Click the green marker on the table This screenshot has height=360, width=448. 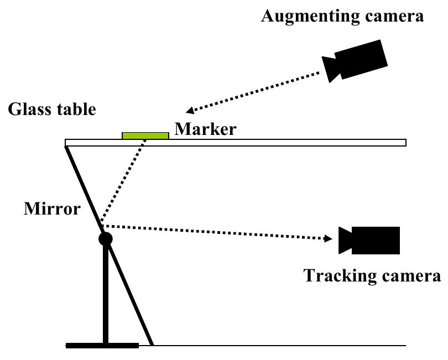[145, 135]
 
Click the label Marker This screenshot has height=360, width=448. [205, 129]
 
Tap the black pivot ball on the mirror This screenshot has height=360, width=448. [105, 239]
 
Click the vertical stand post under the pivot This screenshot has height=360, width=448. [105, 293]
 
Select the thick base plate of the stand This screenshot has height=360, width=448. [102, 346]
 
